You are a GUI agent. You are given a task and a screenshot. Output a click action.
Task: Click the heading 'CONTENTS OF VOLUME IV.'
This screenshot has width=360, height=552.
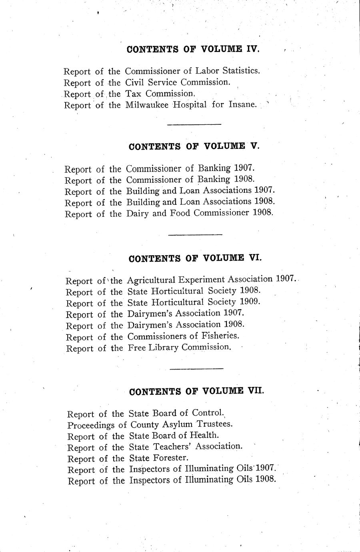[193, 49]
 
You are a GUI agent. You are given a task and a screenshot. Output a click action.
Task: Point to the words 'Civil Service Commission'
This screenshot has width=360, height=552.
[177, 82]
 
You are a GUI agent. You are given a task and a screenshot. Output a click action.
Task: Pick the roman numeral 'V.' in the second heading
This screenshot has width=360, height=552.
[254, 146]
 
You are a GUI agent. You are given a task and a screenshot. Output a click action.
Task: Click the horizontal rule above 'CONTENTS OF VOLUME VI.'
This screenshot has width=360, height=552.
[195, 234]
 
